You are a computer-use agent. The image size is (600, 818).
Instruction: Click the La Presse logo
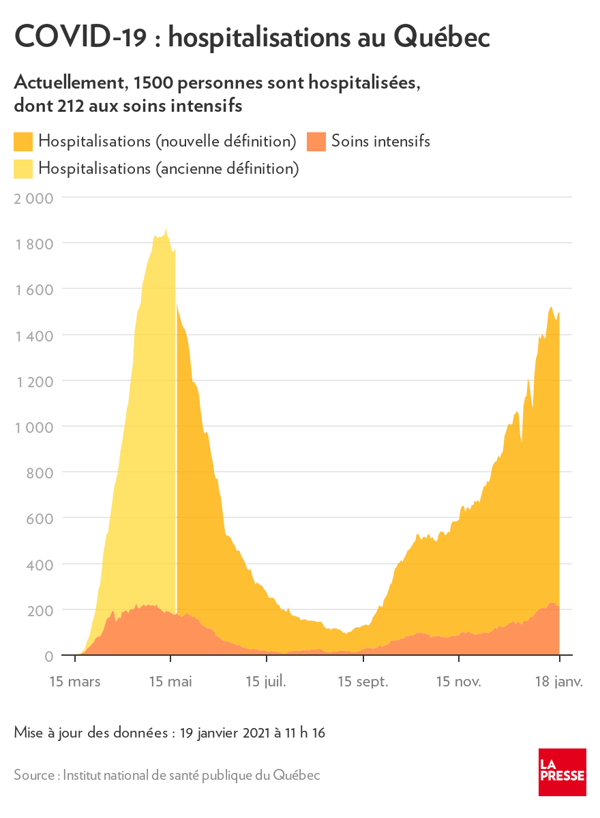[562, 772]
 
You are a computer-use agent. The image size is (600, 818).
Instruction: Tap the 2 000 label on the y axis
[33, 198]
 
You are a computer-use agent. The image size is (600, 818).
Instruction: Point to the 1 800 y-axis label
[33, 244]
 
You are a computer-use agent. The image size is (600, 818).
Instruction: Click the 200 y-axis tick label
[40, 610]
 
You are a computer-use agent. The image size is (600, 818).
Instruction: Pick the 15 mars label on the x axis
[74, 681]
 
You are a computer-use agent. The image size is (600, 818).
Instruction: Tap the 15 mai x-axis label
[170, 681]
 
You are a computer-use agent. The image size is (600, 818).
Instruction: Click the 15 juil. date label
[267, 681]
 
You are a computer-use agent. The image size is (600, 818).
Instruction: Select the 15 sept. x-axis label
[363, 681]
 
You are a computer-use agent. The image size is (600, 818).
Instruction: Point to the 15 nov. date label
[459, 681]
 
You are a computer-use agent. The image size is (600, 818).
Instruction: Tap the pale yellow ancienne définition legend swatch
[23, 168]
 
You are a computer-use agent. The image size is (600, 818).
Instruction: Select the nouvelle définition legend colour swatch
[23, 142]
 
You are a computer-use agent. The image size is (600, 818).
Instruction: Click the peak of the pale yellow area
[166, 230]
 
